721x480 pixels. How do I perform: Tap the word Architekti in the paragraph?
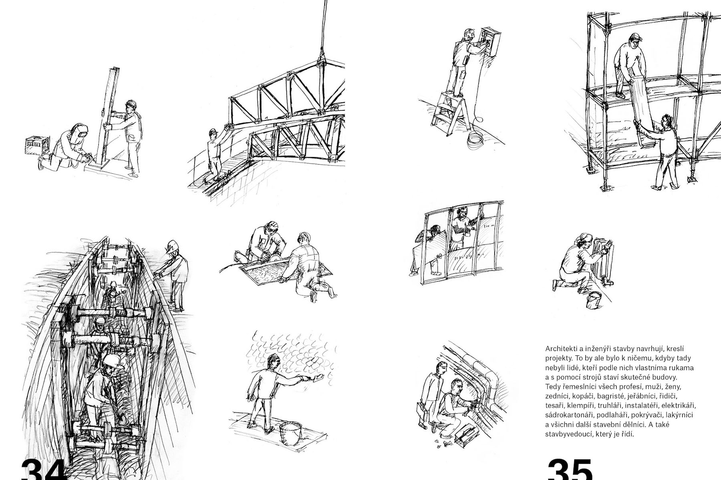pyautogui.click(x=560, y=348)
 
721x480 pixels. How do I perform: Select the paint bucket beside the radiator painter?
pyautogui.click(x=594, y=300)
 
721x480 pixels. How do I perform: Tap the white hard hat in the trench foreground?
pyautogui.click(x=113, y=361)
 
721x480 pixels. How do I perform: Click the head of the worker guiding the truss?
pyautogui.click(x=213, y=133)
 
